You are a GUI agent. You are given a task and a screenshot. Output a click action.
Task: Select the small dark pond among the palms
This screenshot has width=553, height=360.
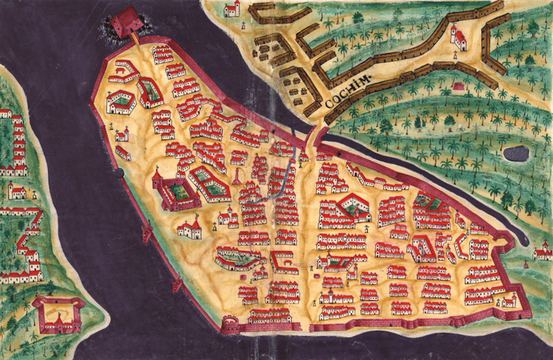click(515, 153)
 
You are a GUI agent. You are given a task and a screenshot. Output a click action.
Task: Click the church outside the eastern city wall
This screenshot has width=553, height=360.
click(543, 252)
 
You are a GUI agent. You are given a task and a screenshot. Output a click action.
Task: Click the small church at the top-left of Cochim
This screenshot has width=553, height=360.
click(233, 9)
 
